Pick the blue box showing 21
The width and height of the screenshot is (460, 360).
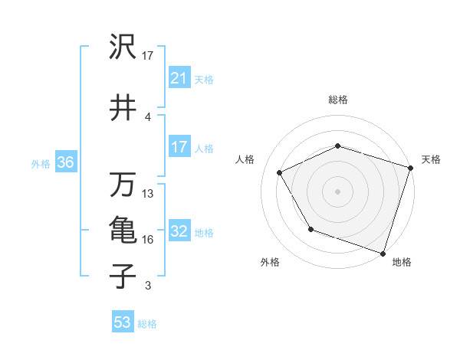tap(179, 78)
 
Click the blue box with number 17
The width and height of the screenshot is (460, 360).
tap(179, 147)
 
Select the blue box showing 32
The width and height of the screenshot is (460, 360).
tap(179, 231)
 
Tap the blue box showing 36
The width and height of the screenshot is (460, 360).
tap(65, 162)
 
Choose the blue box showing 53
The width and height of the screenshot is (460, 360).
tap(123, 322)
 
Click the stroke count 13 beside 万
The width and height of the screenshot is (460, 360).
tap(148, 194)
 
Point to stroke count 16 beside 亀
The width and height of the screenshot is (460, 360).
tap(148, 240)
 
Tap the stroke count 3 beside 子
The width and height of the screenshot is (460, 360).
tap(148, 286)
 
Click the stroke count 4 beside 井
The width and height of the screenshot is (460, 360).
tap(148, 117)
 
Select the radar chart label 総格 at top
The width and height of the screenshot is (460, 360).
tap(338, 100)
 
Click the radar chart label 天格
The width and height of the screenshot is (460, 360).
tap(431, 159)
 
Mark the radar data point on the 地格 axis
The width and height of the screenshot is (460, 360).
tap(383, 253)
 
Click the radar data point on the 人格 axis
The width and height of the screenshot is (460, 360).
tap(280, 173)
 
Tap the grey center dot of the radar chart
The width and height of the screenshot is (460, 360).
tap(338, 191)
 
